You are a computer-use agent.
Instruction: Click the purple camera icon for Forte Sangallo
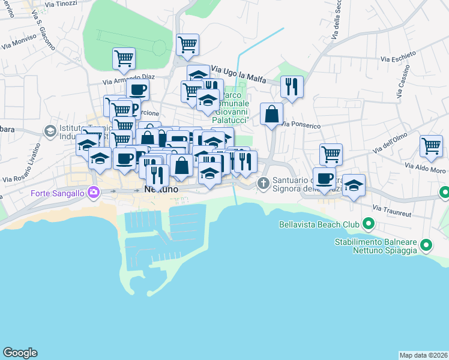point(93,193)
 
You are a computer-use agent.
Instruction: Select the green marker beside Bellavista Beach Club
point(369,226)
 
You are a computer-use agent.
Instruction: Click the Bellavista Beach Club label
point(319,226)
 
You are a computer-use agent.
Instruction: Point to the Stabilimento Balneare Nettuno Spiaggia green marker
point(426,245)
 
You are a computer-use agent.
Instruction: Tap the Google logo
point(20,353)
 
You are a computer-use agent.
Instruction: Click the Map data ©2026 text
point(423,355)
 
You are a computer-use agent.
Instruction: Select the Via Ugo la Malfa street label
point(240,75)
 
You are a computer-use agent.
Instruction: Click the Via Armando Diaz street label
point(128,78)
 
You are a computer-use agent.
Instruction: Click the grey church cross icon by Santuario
point(262,182)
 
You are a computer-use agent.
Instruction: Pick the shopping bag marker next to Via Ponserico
point(272,113)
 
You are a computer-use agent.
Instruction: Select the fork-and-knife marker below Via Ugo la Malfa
point(292,87)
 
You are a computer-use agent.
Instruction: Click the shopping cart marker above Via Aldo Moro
point(431,145)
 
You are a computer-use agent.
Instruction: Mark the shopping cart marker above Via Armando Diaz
point(124,58)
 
